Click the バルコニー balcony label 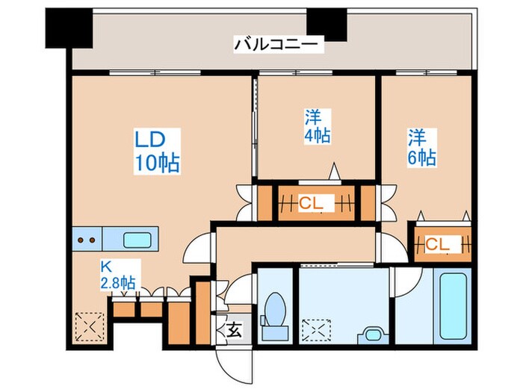click(x=278, y=45)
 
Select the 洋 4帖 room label click(x=318, y=126)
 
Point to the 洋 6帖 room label click(x=421, y=147)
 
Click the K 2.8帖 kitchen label click(x=118, y=275)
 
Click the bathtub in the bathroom click(x=453, y=306)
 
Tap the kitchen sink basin click(x=137, y=240)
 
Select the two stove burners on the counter click(x=87, y=240)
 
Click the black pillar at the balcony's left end click(x=69, y=28)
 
